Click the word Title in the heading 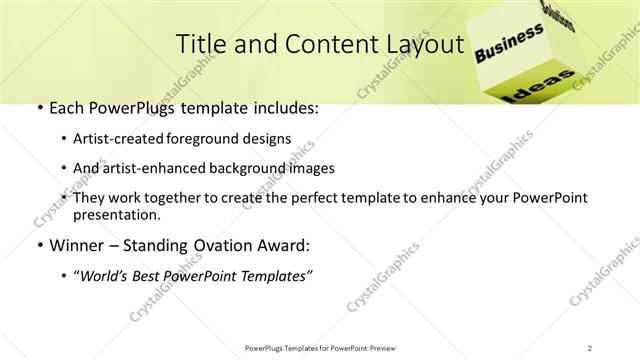pos(200,44)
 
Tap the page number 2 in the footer pos(590,347)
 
